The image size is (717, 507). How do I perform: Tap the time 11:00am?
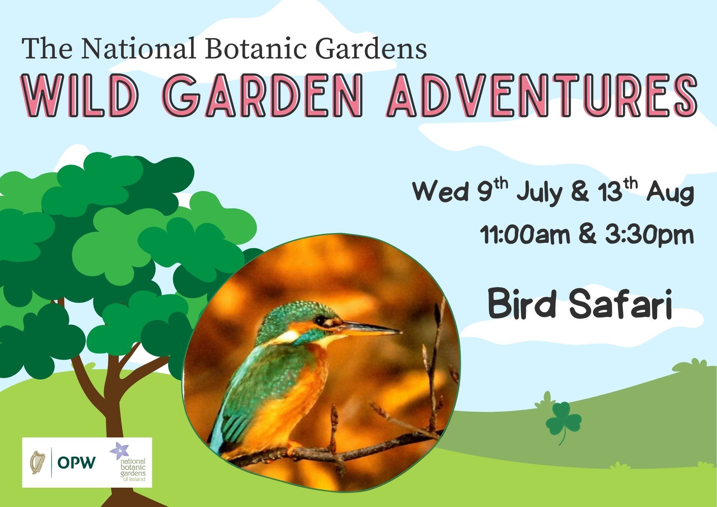click(525, 235)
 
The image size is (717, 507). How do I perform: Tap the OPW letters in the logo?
click(77, 463)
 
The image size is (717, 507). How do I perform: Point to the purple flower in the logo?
click(118, 450)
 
